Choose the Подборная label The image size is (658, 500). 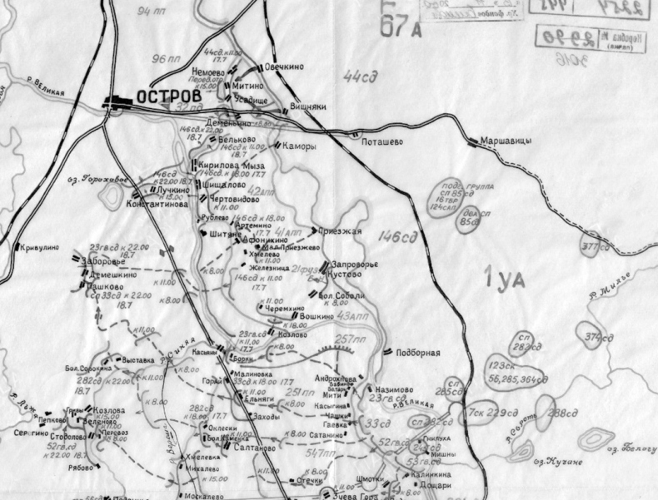[x=418, y=352]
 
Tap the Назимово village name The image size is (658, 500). [x=394, y=389]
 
